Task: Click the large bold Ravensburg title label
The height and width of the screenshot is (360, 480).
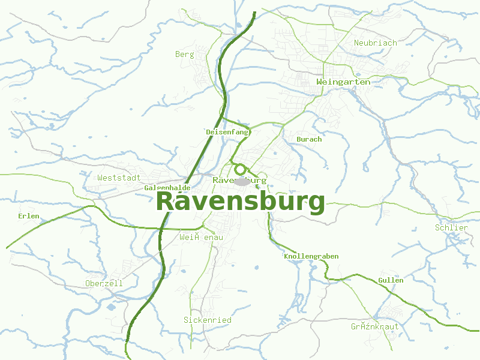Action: (240, 201)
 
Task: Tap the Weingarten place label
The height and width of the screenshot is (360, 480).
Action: (343, 82)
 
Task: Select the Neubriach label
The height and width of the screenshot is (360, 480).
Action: (375, 43)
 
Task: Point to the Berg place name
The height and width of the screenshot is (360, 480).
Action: (184, 55)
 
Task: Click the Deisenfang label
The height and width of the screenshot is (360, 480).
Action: (227, 132)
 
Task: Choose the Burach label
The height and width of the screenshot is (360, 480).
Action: (309, 139)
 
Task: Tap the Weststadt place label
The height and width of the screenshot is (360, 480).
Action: (119, 178)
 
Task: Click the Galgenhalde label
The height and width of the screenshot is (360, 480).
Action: (167, 188)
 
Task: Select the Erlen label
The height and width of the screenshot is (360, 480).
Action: (28, 216)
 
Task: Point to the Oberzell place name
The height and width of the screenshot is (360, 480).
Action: (104, 283)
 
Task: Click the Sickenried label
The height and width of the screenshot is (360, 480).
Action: (207, 320)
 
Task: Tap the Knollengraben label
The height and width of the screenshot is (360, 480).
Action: (311, 256)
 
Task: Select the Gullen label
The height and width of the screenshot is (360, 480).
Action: (391, 280)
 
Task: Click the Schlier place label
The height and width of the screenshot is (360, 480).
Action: (451, 228)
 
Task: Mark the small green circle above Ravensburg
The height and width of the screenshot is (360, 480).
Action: (240, 169)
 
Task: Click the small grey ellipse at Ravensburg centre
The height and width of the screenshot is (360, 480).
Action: (242, 181)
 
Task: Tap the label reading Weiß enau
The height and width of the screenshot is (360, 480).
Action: (201, 238)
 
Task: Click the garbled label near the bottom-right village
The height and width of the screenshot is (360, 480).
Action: (374, 327)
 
